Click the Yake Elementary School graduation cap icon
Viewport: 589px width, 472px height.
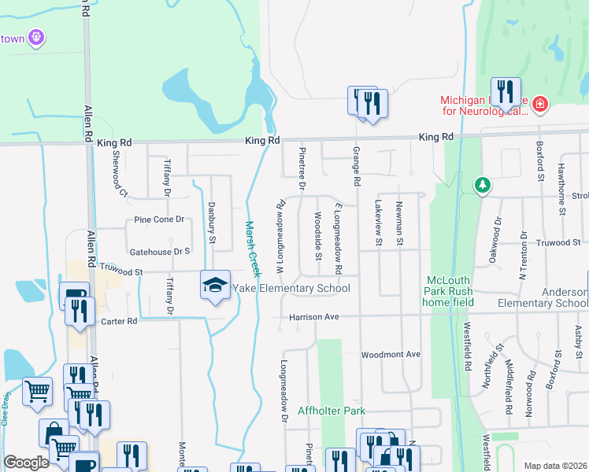click(214, 286)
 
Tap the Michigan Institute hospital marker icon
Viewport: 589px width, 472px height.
click(539, 103)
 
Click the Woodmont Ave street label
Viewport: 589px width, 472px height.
click(391, 355)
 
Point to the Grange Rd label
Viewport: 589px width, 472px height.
click(356, 166)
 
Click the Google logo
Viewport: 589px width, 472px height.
click(26, 463)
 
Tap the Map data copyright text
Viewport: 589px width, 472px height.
click(555, 466)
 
